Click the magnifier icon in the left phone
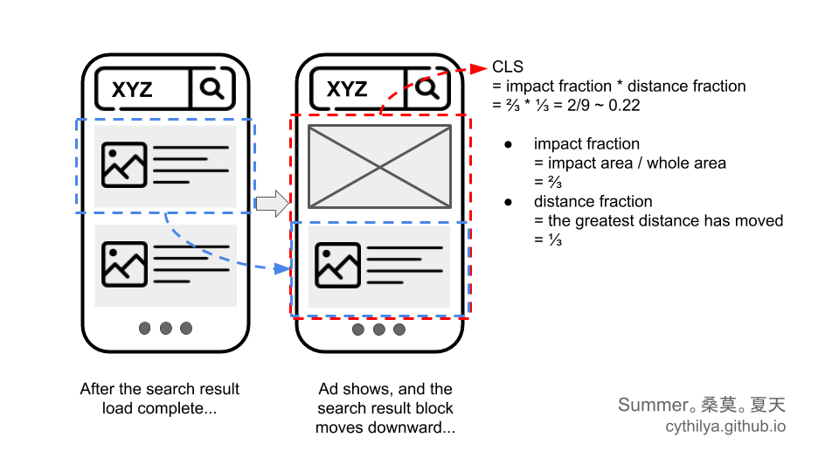pos(212,88)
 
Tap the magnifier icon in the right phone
pos(426,88)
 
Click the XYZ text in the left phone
pos(133,89)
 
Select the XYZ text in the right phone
pos(347,89)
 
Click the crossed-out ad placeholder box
pos(379,166)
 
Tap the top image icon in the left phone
pos(124,164)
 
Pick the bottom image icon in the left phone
pos(124,264)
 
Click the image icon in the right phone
pos(338,265)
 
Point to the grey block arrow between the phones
pos(272,203)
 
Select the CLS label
pos(508,67)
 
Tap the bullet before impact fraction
pos(508,144)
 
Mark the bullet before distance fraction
pos(508,202)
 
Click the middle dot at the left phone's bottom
pos(165,329)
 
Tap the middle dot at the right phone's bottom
pos(379,330)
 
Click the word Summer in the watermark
pos(651,405)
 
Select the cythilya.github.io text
pos(725,427)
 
